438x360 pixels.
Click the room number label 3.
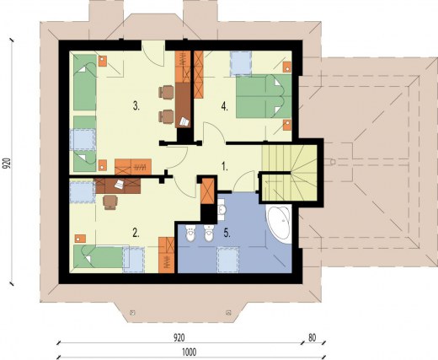tap(136, 106)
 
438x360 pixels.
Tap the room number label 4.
tap(224, 106)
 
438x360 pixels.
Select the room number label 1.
tap(224, 167)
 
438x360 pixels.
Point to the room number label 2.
tap(136, 233)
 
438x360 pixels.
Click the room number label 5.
tap(227, 233)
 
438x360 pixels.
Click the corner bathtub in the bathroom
tap(280, 223)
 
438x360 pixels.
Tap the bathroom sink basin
tap(222, 210)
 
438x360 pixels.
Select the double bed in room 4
tap(264, 96)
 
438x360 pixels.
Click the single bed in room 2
tap(99, 256)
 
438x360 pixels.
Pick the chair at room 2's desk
tap(110, 202)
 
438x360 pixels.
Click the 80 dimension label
tap(312, 338)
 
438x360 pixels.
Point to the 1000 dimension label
tap(190, 352)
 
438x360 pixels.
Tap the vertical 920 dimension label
tap(7, 163)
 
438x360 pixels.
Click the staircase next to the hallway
tap(289, 173)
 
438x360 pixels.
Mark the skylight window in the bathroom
tap(228, 260)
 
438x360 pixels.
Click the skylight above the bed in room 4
tap(241, 63)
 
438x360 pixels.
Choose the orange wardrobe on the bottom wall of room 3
tap(133, 167)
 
